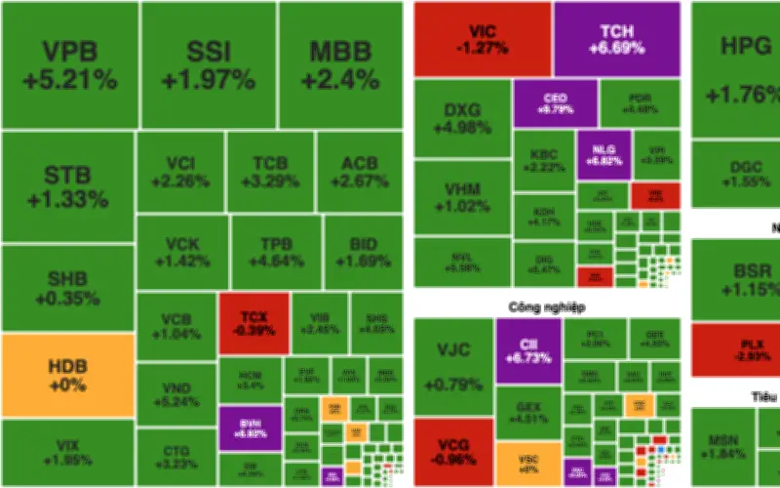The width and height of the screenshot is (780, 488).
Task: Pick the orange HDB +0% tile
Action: coord(67,376)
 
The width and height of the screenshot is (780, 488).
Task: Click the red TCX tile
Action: coord(253,322)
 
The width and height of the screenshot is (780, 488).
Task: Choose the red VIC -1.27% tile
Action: coord(482,39)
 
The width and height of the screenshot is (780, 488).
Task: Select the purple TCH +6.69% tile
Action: coord(616,39)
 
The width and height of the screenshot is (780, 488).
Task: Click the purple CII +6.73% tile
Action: coord(528,349)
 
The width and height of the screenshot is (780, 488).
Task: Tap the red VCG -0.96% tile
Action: coord(453,451)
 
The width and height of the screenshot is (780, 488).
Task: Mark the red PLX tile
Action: coord(736,349)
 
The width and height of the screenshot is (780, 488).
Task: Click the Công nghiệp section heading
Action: coord(546,306)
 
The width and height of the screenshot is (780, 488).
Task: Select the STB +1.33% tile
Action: coord(67,187)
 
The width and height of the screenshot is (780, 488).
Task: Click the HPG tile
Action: coord(736,68)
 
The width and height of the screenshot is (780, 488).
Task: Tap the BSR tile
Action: coord(736,279)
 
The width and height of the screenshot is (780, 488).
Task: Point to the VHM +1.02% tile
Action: coord(462,198)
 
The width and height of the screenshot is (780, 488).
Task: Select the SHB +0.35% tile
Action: coord(67,288)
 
